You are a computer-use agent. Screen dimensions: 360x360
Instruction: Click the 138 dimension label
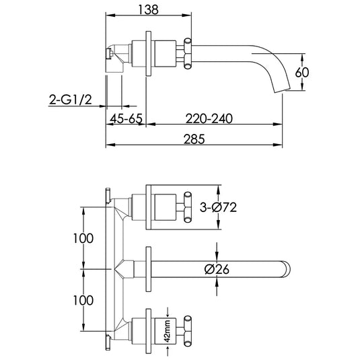click(x=149, y=10)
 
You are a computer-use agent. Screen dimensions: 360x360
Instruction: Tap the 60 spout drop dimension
click(x=302, y=72)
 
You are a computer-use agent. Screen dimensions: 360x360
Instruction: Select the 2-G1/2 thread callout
click(x=71, y=100)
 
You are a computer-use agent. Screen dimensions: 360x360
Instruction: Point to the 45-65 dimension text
click(x=127, y=118)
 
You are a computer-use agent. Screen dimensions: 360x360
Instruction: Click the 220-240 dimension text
click(x=209, y=118)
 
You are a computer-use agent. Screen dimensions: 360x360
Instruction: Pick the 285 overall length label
click(x=194, y=139)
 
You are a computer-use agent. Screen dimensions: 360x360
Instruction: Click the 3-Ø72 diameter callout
click(x=218, y=207)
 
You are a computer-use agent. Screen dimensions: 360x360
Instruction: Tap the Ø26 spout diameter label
click(x=217, y=269)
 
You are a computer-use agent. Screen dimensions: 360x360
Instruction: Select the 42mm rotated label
click(x=168, y=331)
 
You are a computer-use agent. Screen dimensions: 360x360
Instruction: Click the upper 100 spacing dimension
click(x=83, y=238)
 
